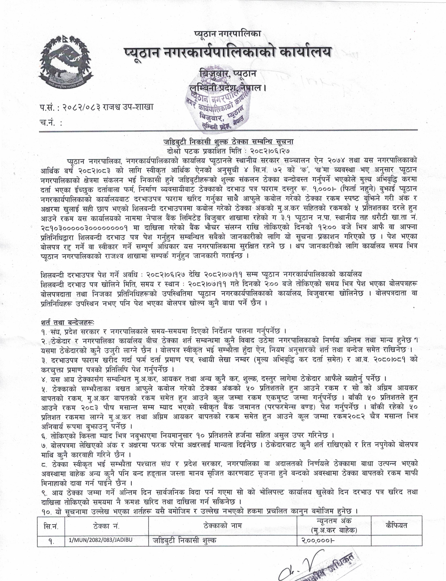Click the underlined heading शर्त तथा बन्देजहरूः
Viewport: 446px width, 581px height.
tap(68, 323)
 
